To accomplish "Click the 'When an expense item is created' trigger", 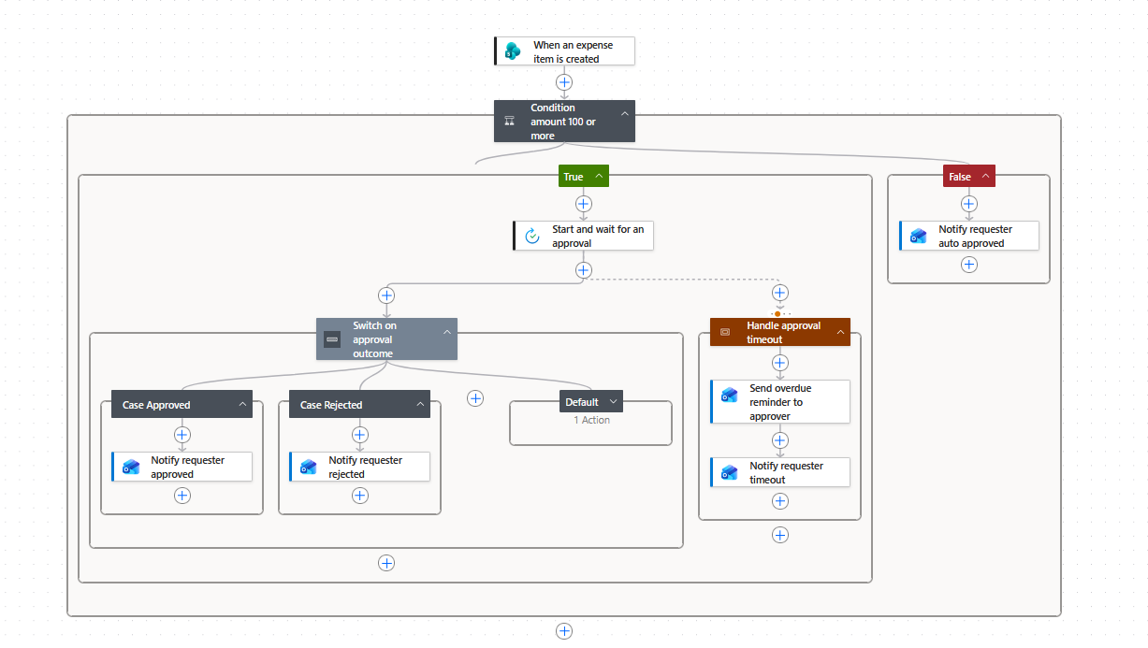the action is point(564,51).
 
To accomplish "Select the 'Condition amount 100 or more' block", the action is point(564,122).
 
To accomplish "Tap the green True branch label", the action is point(583,176).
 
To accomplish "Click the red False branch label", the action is point(968,176).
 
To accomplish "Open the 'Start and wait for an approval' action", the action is point(583,236).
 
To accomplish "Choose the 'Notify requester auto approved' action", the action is point(969,236).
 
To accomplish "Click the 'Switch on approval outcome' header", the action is point(386,339).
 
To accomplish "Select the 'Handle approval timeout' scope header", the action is point(780,332).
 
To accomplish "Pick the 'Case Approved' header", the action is point(182,404).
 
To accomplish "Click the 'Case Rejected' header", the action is point(359,404).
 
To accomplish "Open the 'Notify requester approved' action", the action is point(182,467).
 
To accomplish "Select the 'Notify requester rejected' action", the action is point(359,467).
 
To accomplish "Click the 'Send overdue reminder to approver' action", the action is point(780,401).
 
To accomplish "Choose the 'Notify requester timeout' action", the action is point(780,472).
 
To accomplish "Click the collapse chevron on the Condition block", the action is point(624,114).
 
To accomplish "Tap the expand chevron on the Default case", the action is point(613,401).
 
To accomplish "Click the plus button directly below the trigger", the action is point(564,82).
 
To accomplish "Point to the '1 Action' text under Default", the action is point(591,420).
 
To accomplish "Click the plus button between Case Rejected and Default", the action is point(475,398).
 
